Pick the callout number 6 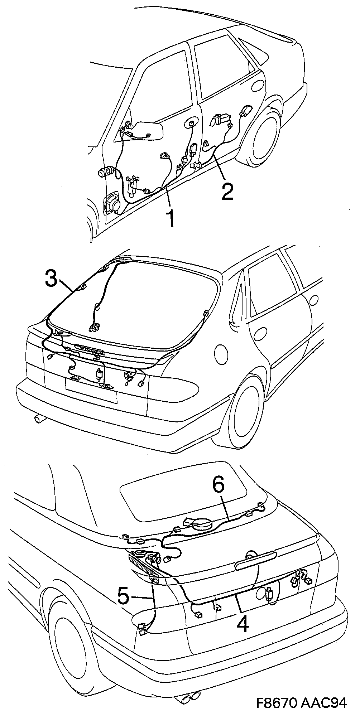click(218, 485)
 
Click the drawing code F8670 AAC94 click(302, 703)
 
